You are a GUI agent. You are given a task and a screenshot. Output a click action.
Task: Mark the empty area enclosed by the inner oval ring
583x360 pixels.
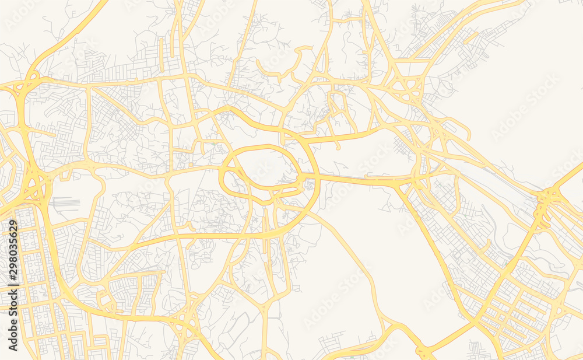pos(265,166)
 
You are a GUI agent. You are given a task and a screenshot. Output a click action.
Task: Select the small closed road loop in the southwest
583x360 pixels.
pos(106,300)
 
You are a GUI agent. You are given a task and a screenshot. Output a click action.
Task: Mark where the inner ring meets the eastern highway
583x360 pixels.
pos(302,175)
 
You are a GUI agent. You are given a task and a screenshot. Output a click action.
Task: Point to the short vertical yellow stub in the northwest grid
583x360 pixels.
pos(162,50)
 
